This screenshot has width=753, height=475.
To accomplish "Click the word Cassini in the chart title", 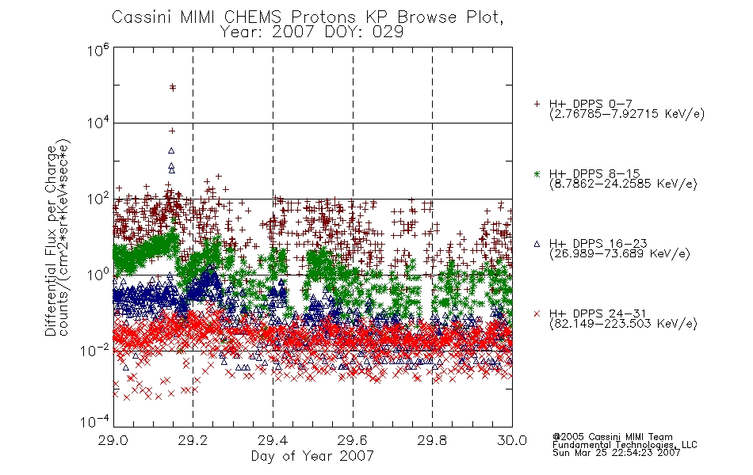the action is coord(143,17).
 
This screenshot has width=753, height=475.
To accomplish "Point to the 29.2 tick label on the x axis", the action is coord(193,440).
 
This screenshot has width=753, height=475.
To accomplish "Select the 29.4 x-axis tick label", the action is coord(273,440).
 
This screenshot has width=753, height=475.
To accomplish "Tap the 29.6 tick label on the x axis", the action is coord(353,440).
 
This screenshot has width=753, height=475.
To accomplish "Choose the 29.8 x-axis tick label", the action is coord(432,440).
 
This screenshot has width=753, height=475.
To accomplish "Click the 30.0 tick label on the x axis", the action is coord(512,440).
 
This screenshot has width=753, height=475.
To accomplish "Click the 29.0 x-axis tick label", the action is coord(113,440).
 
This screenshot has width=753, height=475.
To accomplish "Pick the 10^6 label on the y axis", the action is coord(98,50).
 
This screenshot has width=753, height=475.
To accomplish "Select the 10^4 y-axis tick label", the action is coord(98,123).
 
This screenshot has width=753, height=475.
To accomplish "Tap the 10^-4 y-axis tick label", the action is coord(94,421).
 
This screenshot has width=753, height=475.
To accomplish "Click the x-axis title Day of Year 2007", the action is coord(312,456).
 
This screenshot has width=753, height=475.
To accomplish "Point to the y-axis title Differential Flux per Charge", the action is coord(51,241).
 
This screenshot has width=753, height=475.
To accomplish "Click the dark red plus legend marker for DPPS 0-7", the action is coord(537,104).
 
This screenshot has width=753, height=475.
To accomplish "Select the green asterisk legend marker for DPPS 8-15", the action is coord(537,173).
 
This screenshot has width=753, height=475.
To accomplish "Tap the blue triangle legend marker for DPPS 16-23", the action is coord(537,244).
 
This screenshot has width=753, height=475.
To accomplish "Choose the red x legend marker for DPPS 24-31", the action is coord(537,313).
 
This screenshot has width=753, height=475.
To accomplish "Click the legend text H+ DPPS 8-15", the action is coord(594,173).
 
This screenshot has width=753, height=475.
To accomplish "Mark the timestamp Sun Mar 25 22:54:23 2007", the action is coord(616,453).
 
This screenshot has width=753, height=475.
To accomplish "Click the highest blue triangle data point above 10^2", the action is coord(171,150).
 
